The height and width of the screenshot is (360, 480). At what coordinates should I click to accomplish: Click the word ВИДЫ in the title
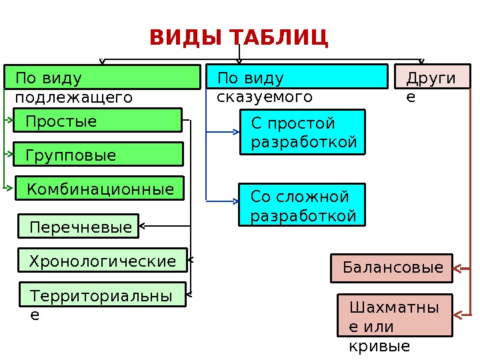[x=187, y=37]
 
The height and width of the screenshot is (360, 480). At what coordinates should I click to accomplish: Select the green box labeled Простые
[x=98, y=121]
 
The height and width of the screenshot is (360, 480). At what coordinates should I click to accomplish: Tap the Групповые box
[x=99, y=154]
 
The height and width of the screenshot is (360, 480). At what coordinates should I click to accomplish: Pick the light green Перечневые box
[x=78, y=226]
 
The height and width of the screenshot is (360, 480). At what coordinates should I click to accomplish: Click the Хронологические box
[x=102, y=260]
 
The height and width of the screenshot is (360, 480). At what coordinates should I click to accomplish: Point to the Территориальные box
[x=102, y=294]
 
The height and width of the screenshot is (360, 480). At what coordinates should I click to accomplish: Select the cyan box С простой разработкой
[x=302, y=132]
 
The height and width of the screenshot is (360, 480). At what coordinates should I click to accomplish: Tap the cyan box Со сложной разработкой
[x=302, y=205]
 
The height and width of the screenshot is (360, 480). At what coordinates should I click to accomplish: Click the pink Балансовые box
[x=391, y=268]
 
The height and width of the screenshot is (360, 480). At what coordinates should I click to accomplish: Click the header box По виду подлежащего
[x=103, y=77]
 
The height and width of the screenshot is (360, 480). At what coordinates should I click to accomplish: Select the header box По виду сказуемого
[x=297, y=77]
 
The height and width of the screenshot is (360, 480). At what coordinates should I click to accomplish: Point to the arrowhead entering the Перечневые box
[x=143, y=226]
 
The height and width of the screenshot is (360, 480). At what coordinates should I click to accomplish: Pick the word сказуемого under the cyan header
[x=265, y=97]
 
